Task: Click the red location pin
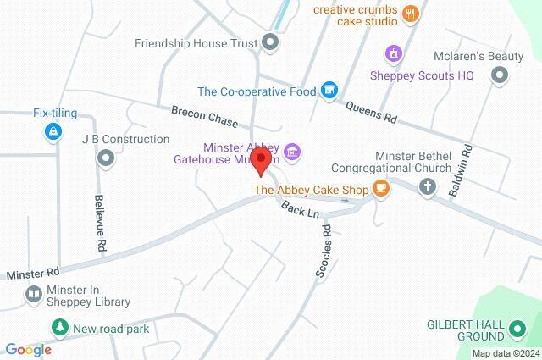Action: pyautogui.click(x=262, y=160)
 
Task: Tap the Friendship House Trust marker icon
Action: pyautogui.click(x=270, y=42)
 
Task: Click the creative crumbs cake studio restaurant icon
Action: pyautogui.click(x=410, y=12)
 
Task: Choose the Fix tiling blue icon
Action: pyautogui.click(x=53, y=131)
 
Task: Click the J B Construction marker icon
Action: pyautogui.click(x=106, y=158)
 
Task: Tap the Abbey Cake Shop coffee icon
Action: pyautogui.click(x=380, y=187)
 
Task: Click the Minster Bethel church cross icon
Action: pyautogui.click(x=429, y=187)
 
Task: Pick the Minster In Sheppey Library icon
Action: pyautogui.click(x=34, y=295)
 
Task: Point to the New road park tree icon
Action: pyautogui.click(x=59, y=327)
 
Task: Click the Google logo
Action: pyautogui.click(x=28, y=349)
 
